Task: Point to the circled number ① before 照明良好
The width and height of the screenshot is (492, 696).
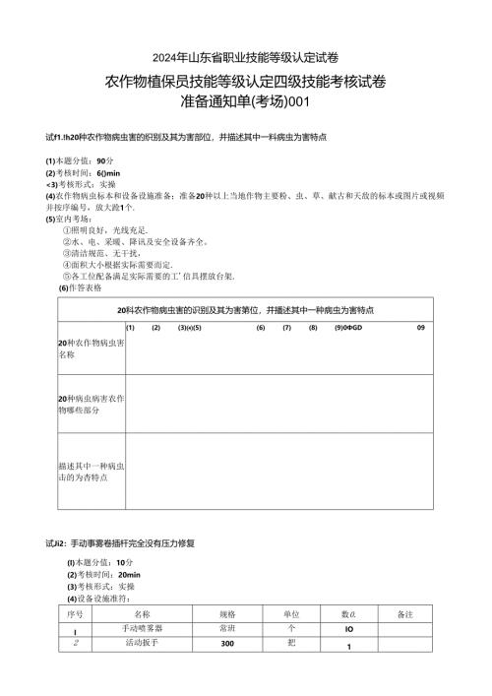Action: click(65, 228)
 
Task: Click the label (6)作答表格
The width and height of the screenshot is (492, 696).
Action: click(79, 287)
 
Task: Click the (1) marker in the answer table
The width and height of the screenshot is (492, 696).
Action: click(130, 327)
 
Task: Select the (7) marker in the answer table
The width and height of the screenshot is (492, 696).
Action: click(286, 327)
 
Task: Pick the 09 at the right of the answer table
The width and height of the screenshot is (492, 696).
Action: click(420, 327)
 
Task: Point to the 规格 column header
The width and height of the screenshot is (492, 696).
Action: click(227, 612)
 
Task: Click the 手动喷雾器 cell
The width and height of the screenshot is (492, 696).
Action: click(142, 627)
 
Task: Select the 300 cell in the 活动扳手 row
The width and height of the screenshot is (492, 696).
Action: click(227, 643)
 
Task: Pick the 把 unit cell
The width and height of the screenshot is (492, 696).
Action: click(290, 643)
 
